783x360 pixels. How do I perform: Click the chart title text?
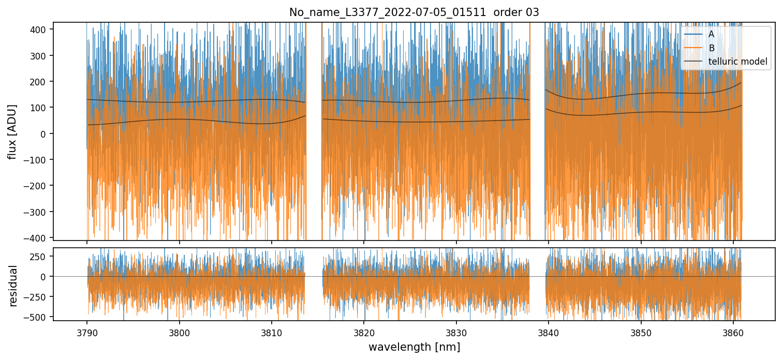pos(414,12)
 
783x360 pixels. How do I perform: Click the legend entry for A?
pos(711,34)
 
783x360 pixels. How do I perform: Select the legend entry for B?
pos(711,48)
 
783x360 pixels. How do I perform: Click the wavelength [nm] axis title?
pos(414,347)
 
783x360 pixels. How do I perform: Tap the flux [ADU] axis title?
pos(12,131)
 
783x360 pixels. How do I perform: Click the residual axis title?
pos(13,286)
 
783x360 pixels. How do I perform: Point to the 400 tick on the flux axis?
pos(40,29)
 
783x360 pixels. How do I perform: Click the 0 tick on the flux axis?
pos(46,133)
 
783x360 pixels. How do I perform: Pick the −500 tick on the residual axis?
pos(38,317)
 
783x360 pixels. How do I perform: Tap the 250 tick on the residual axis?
pos(40,257)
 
